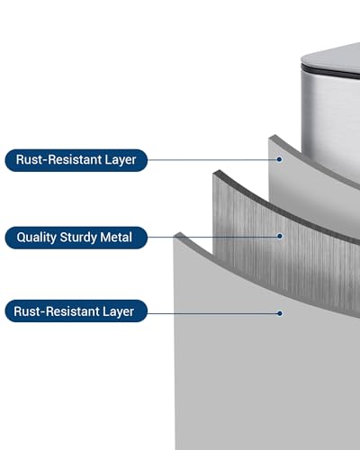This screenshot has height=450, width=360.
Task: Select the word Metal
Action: (116, 238)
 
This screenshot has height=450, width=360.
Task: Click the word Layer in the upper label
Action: (121, 160)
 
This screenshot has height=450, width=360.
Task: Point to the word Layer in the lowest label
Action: (118, 311)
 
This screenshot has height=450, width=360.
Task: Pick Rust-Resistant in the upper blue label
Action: (58, 159)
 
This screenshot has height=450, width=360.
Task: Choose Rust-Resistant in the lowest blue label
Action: (57, 311)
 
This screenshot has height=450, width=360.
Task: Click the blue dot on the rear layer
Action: (279, 159)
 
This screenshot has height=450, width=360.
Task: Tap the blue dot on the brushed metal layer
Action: (280, 236)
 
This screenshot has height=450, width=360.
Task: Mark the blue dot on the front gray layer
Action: (280, 313)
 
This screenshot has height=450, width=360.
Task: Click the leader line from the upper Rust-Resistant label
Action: (212, 160)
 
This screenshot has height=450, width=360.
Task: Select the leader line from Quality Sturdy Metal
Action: (212, 237)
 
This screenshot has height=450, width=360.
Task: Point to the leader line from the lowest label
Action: (212, 314)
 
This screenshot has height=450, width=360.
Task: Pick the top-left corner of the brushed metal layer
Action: (213, 174)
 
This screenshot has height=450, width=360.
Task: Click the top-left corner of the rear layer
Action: (269, 138)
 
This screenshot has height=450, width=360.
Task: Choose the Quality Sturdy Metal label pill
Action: (76, 238)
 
